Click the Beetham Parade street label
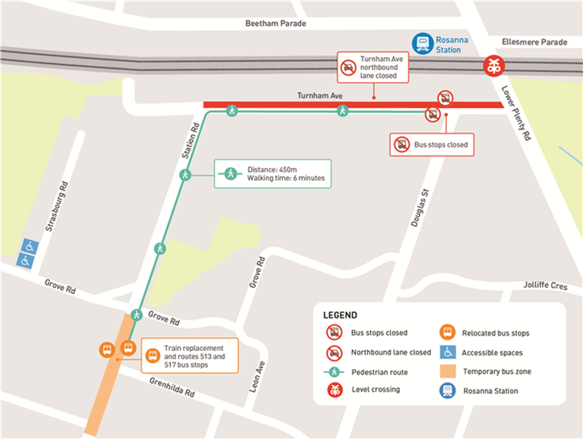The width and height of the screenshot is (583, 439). click(276, 24)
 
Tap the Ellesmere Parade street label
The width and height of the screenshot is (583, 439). click(535, 43)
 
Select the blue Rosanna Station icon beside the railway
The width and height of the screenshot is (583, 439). click(421, 43)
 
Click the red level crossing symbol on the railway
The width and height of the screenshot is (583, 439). click(494, 66)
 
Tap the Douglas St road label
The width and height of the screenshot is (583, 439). click(417, 207)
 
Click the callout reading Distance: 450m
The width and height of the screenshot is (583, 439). click(273, 173)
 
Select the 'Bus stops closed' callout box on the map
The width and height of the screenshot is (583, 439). click(431, 144)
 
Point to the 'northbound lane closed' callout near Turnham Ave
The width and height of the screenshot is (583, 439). click(373, 67)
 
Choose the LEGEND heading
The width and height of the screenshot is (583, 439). click(339, 314)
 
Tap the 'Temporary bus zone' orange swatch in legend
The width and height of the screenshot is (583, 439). click(448, 371)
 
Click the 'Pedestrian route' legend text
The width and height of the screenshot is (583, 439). click(379, 372)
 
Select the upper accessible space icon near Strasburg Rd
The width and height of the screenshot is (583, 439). click(29, 246)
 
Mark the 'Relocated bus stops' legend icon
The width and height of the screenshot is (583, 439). click(448, 333)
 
